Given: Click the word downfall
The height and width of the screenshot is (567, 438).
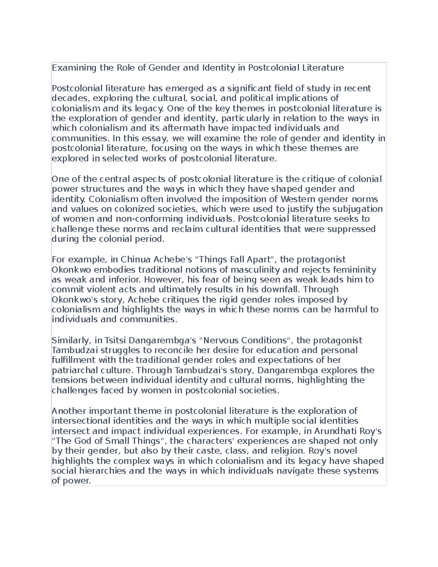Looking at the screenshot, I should [280, 290].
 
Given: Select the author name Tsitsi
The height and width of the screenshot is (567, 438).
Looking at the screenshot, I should [114, 341].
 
